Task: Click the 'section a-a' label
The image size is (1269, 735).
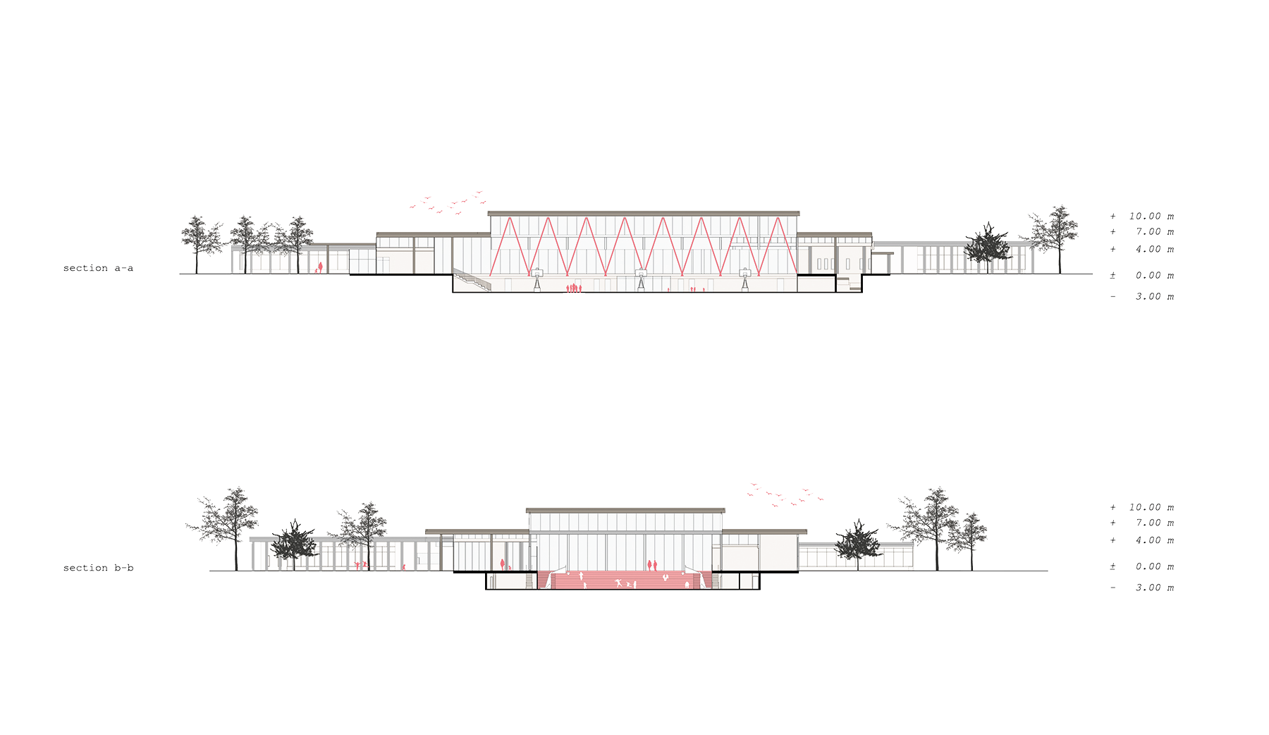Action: click(x=98, y=268)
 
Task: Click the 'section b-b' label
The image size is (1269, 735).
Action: click(x=98, y=568)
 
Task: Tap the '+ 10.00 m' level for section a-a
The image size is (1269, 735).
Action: click(x=1142, y=217)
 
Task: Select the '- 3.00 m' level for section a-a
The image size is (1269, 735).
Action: click(x=1142, y=297)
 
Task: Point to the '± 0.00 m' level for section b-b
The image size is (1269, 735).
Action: click(x=1142, y=567)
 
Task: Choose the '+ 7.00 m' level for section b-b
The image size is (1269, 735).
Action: click(x=1142, y=523)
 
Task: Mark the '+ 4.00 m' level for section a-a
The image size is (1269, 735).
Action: click(x=1142, y=250)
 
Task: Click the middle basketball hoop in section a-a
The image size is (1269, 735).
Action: click(x=641, y=274)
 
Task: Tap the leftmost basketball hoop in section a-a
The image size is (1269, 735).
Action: click(x=537, y=274)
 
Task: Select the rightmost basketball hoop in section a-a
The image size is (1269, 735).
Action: click(x=745, y=274)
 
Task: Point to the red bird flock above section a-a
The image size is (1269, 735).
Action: click(x=448, y=202)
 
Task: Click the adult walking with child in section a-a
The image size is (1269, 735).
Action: click(x=319, y=268)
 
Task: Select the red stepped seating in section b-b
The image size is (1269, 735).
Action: click(x=624, y=580)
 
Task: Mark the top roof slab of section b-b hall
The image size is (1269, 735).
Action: click(x=625, y=510)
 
